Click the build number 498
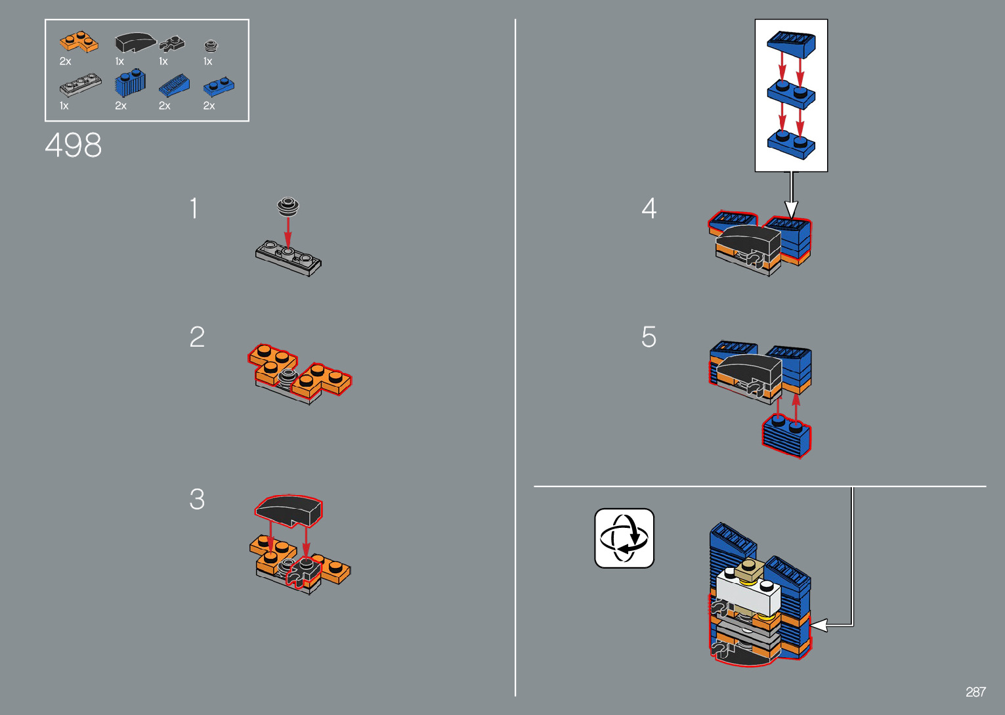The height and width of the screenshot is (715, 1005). [x=73, y=145]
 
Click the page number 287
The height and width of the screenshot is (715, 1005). [x=975, y=691]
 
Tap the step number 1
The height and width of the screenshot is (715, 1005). [x=194, y=208]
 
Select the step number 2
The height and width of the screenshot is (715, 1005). [x=197, y=337]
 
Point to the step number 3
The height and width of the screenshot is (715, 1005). [x=197, y=498]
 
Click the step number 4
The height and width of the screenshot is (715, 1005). [x=649, y=208]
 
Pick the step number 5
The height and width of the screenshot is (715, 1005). [x=649, y=337]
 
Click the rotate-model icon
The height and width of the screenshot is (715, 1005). [x=624, y=538]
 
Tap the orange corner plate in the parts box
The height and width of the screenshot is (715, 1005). [x=79, y=42]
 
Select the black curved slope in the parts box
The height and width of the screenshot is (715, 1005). [x=135, y=42]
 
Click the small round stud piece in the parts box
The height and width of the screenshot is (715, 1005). [x=211, y=45]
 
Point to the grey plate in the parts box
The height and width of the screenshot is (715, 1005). [x=81, y=85]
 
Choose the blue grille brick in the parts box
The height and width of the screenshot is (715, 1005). [x=130, y=83]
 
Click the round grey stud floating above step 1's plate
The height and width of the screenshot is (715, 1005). [x=288, y=206]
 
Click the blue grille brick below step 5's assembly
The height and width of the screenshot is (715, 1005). [x=786, y=435]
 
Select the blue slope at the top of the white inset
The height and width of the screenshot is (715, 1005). [x=792, y=45]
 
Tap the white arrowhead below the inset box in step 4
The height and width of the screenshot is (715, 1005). [x=791, y=209]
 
